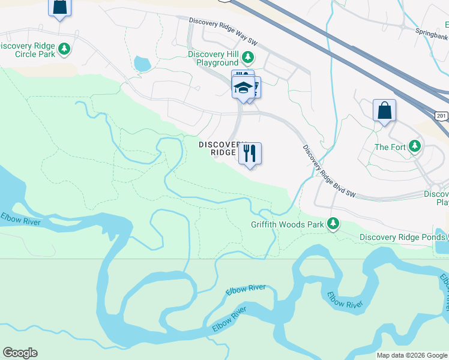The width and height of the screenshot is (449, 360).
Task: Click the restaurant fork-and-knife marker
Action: (x=250, y=153)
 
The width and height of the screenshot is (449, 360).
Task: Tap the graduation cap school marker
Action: (x=243, y=88)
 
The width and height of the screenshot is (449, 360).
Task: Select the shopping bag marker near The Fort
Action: (x=384, y=111)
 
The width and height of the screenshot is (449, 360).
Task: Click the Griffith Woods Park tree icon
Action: (x=333, y=224)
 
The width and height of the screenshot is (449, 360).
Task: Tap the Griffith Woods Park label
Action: (x=287, y=225)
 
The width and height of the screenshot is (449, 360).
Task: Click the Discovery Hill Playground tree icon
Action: (x=247, y=58)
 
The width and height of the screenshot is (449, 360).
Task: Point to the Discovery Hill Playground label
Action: (x=213, y=58)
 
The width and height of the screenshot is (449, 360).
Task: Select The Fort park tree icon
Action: (x=414, y=146)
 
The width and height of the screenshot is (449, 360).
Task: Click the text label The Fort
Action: (x=390, y=147)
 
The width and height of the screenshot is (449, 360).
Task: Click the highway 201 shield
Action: (x=442, y=115)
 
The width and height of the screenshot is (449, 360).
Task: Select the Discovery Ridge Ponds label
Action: (x=403, y=237)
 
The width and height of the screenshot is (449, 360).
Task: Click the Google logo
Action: (x=20, y=353)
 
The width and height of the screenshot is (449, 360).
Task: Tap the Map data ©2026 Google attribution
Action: (x=411, y=355)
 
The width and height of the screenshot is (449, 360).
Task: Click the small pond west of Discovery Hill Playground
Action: (x=142, y=63)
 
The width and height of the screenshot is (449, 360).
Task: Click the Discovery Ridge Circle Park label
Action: (x=28, y=50)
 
